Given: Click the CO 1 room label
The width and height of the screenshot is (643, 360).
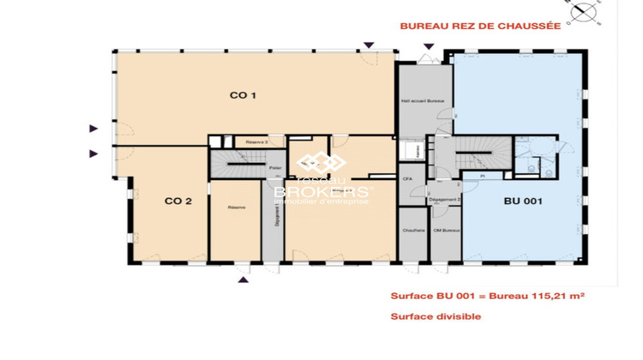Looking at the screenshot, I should pos(243,95).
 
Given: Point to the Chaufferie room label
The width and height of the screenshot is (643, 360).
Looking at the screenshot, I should pos(413,231).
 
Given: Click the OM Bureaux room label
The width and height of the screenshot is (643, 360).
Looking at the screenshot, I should pos(447,231).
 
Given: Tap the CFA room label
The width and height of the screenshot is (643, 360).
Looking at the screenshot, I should pos(408,178).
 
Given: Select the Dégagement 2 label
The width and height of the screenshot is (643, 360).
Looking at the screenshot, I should pos(445,199).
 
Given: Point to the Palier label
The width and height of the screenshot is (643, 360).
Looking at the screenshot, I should pos(275,168).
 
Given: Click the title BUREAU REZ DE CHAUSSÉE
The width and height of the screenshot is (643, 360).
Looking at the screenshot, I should pos(480,26).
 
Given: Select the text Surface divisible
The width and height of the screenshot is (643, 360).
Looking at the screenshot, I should pos(436,316).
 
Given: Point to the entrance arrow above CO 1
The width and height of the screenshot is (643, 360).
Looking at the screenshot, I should pos(369,45).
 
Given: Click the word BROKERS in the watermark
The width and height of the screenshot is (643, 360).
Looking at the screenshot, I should pos(322,192).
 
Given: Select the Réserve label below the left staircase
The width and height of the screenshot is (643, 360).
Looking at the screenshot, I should pos(237,207).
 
